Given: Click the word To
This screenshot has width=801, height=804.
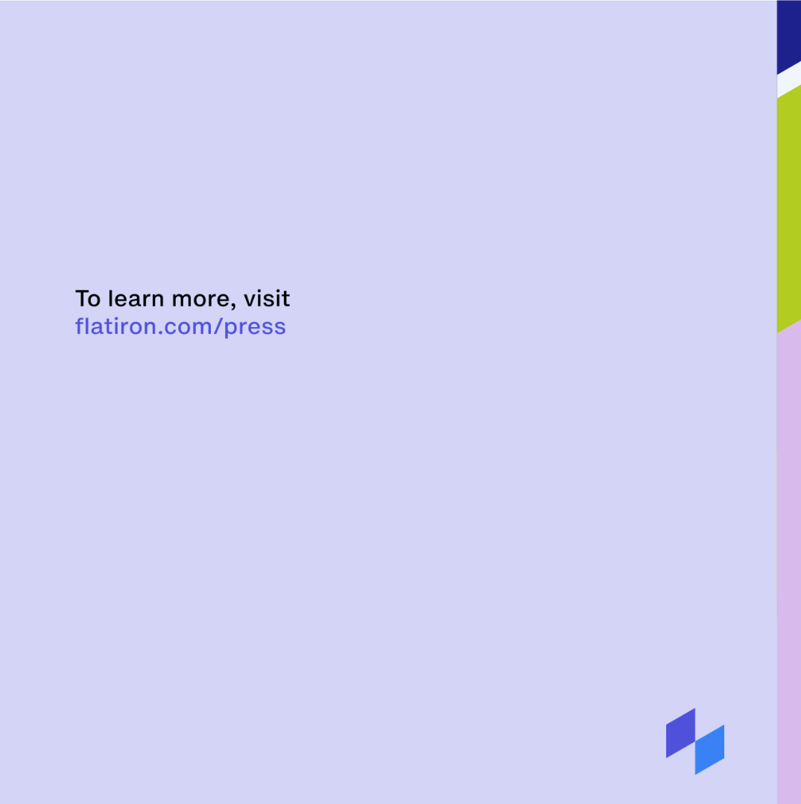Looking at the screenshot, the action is [x=88, y=298].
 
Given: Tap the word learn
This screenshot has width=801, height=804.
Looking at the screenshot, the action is [x=136, y=298].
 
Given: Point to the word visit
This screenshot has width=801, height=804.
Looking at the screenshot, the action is [x=267, y=298].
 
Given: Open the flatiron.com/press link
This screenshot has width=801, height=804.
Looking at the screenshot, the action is [x=180, y=326].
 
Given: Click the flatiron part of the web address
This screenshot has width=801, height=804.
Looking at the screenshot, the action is [x=116, y=326].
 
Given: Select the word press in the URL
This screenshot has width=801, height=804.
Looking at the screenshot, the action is [x=255, y=328].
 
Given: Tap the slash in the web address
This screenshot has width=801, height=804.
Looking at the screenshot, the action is [x=218, y=327].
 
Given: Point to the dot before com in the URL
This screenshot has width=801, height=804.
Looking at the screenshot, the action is [x=160, y=333].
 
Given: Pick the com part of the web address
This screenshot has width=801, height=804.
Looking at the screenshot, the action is [x=188, y=328].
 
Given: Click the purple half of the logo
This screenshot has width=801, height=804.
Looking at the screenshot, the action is [x=680, y=733].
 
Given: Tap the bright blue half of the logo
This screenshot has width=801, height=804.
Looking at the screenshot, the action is [x=709, y=750].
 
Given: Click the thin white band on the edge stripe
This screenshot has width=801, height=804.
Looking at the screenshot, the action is [x=788, y=80].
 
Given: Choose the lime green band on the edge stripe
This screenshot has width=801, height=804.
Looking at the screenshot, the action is [x=788, y=210].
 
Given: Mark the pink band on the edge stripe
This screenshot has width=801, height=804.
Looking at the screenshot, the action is [x=788, y=564].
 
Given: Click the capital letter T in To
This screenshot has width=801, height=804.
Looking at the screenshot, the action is [x=81, y=298].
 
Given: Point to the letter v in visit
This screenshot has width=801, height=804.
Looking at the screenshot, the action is [x=249, y=300].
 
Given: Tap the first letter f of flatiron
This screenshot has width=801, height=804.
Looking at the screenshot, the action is [x=79, y=326].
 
